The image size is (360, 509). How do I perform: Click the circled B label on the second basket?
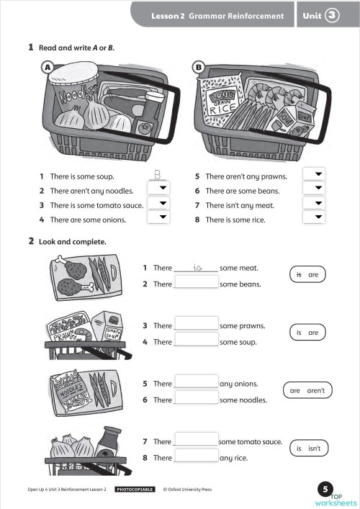pos(199,67)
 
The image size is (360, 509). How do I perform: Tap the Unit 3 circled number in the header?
pos(332,14)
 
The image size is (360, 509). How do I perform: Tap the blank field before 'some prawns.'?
pos(196,325)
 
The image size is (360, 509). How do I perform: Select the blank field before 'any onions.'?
pos(196,382)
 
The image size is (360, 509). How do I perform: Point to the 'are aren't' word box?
pos(307,391)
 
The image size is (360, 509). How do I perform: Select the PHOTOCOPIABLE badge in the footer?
pos(135,490)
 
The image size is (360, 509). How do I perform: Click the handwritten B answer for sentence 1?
pos(158,174)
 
